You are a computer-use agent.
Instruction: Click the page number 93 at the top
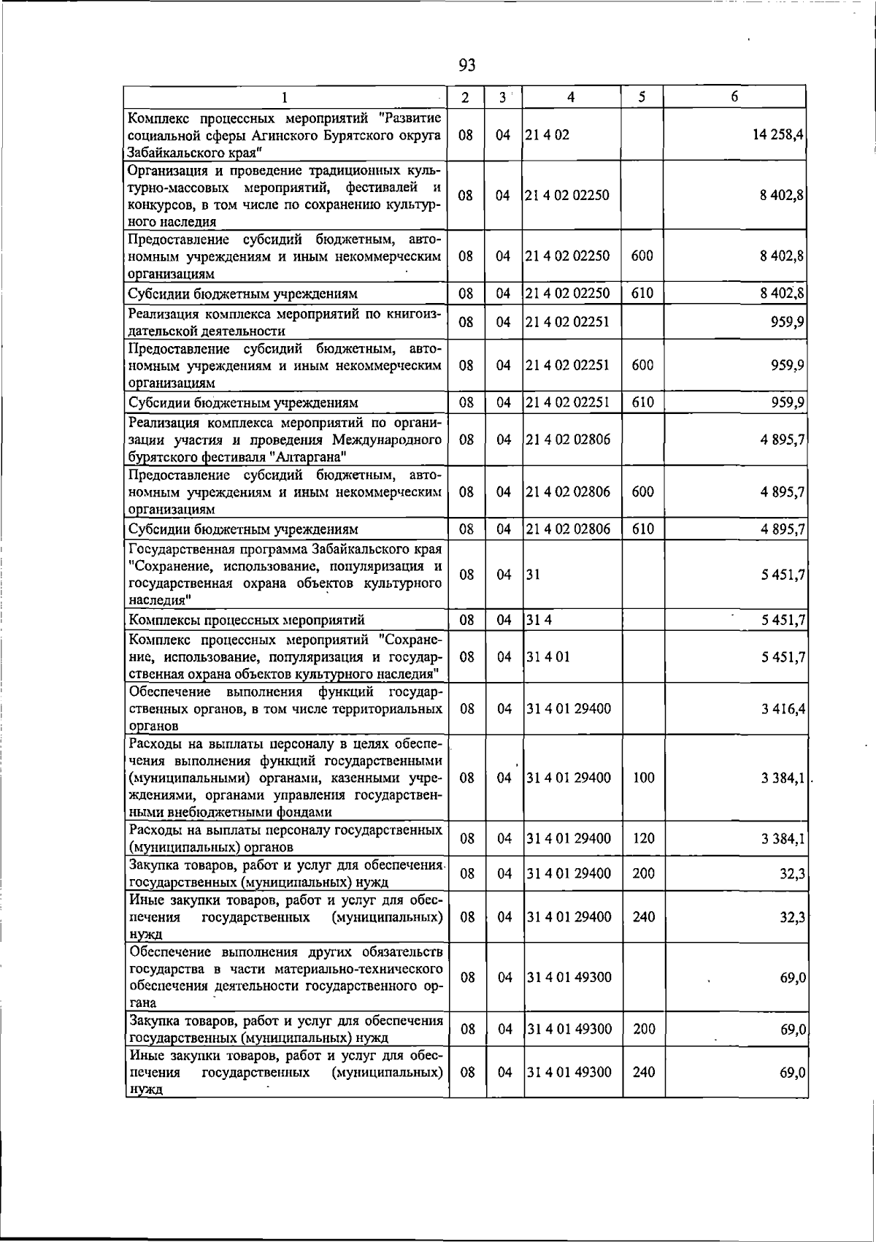(x=467, y=66)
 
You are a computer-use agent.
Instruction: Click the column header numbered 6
(x=734, y=97)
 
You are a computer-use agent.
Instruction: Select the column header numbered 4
(x=571, y=97)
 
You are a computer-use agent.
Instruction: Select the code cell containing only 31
(x=533, y=575)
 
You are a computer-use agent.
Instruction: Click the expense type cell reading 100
(x=643, y=778)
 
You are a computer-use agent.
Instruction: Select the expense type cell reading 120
(x=643, y=839)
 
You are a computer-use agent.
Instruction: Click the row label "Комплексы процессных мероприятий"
(x=247, y=621)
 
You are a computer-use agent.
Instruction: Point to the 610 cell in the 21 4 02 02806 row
(x=642, y=529)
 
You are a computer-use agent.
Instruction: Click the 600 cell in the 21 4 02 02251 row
(x=642, y=365)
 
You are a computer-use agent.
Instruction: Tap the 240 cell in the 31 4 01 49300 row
(x=643, y=1073)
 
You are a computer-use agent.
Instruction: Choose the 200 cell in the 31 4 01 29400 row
(x=643, y=874)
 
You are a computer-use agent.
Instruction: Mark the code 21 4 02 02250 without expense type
(x=567, y=196)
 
